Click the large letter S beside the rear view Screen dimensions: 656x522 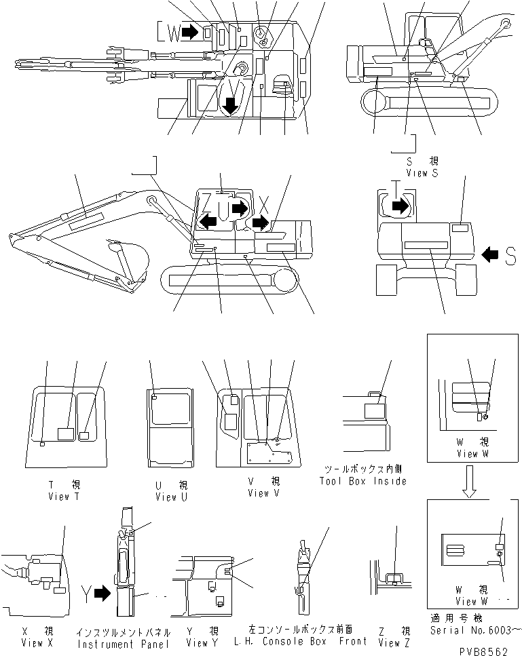point(510,255)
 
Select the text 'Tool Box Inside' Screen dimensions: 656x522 point(363,481)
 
